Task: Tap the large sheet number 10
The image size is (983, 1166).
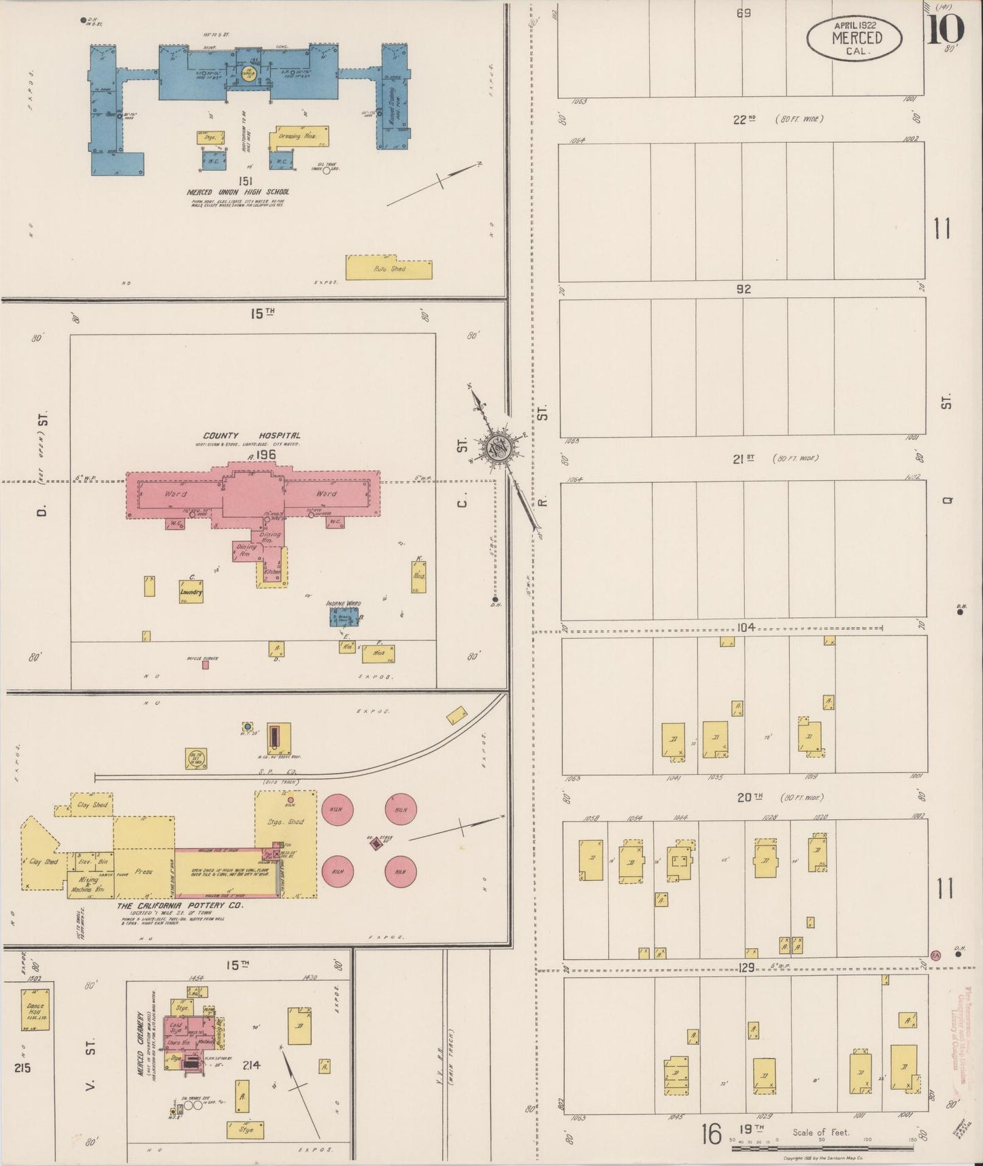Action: coord(945,30)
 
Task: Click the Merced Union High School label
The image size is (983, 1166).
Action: coord(237,193)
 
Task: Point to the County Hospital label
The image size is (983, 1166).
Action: coord(251,435)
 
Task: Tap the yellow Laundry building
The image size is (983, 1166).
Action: coord(191,591)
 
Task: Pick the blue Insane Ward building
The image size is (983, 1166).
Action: coord(344,616)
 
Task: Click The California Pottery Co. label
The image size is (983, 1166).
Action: coord(180,906)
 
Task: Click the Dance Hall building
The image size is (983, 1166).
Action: coord(35,1009)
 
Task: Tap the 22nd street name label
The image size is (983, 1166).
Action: coord(744,120)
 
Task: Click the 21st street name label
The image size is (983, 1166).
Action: coord(743,459)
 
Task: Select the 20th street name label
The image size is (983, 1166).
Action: coord(748,797)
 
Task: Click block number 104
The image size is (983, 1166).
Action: coord(746,627)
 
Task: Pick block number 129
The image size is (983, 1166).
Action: coord(746,967)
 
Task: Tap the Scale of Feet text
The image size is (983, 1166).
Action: coord(820,1133)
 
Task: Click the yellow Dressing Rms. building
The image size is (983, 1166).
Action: coord(299,137)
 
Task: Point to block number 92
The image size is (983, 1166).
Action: coord(744,289)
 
